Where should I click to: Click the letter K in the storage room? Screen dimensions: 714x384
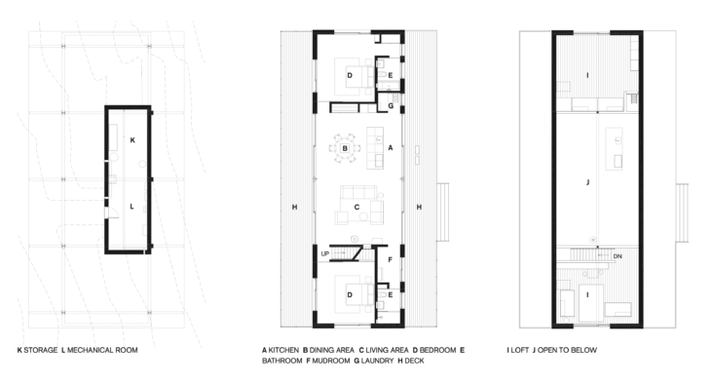tap(132, 140)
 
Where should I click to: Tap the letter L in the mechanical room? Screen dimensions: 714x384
tap(132, 207)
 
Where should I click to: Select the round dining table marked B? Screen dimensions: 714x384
tap(345, 148)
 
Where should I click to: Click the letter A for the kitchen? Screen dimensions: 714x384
tap(391, 148)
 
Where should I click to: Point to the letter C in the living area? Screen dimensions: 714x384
tap(357, 208)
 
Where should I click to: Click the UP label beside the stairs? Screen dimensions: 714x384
tap(325, 254)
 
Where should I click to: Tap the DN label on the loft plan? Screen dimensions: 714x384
tap(618, 256)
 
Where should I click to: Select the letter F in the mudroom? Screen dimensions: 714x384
tap(391, 260)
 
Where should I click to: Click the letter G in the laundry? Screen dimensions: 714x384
tap(391, 106)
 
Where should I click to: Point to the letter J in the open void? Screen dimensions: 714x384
tap(587, 182)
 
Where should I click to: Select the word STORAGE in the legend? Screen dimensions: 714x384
tap(41, 350)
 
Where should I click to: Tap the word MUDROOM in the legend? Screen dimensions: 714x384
tap(330, 361)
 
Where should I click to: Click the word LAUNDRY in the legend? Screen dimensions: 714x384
tap(377, 361)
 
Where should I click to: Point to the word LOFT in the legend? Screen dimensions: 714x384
tap(519, 350)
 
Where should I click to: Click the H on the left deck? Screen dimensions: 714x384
tap(294, 208)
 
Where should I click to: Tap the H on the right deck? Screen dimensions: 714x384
tap(419, 208)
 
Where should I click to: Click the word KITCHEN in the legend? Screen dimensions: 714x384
tap(283, 350)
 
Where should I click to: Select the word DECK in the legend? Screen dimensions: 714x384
tap(414, 361)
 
